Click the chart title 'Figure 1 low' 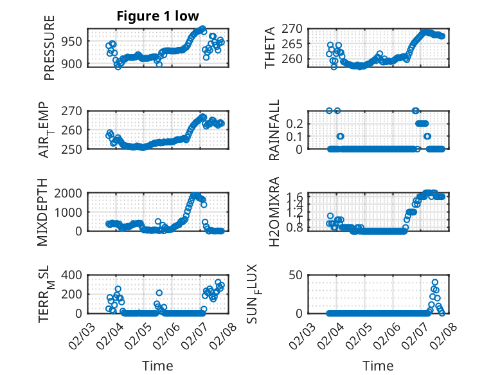coord(157,16)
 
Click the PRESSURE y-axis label coord(49,48)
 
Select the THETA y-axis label coord(270,48)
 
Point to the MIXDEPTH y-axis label coord(43,212)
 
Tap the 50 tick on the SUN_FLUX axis coord(296,275)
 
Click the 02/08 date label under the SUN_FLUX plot coord(444,335)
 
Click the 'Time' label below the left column coord(157,365)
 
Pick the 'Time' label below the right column coord(378,365)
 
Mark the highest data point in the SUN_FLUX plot coord(435,282)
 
